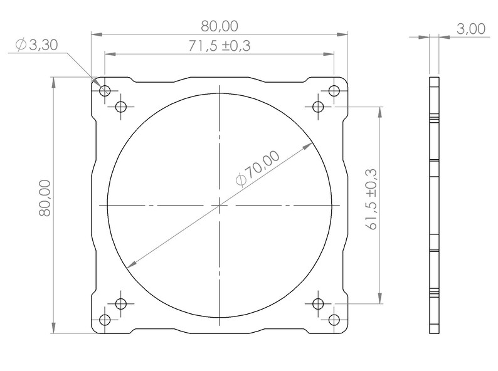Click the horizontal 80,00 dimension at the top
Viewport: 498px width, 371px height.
pos(220,26)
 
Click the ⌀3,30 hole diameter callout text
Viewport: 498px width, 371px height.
pos(36,45)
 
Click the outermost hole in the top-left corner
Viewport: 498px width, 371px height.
pos(105,90)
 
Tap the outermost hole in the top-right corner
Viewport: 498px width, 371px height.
pos(334,90)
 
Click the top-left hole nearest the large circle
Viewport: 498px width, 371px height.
pos(121,106)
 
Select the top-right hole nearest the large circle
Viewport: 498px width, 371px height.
pos(318,106)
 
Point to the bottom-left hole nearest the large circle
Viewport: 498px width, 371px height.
pos(121,303)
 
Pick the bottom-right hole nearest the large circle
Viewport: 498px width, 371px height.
pos(318,303)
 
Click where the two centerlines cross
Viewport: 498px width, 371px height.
pos(220,205)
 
